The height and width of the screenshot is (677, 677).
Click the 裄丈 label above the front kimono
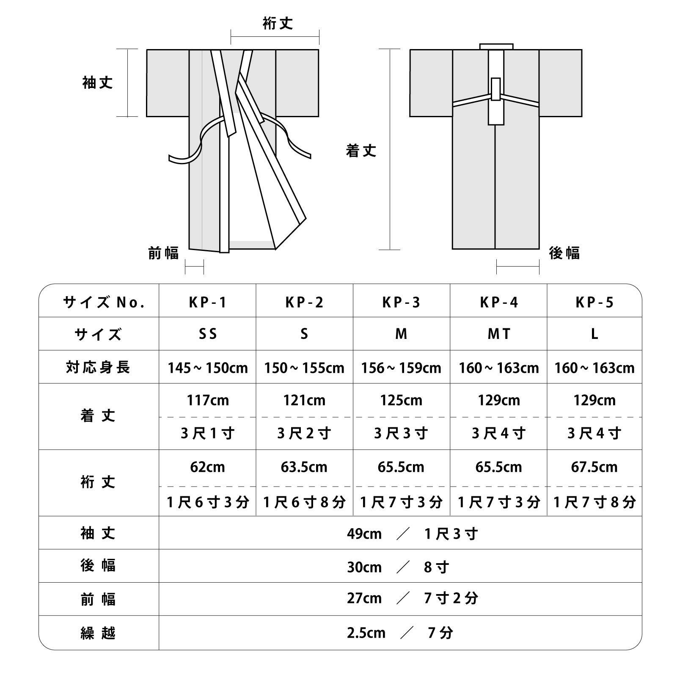click(278, 24)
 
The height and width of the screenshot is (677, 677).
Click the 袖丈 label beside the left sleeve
click(98, 83)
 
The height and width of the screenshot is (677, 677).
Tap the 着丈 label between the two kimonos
click(361, 151)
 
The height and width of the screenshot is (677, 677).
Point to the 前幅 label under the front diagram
click(164, 253)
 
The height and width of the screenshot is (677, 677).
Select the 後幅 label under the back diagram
click(564, 253)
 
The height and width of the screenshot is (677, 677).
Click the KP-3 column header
click(401, 302)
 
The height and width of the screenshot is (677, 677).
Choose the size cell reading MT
click(499, 334)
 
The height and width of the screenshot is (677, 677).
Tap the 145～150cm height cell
click(207, 368)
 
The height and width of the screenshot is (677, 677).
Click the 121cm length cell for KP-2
click(304, 400)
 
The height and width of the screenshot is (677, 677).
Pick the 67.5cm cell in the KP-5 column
click(594, 467)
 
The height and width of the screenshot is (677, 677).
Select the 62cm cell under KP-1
click(207, 467)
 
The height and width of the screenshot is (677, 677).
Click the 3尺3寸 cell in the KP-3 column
click(401, 433)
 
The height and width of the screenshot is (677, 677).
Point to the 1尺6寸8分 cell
click(304, 502)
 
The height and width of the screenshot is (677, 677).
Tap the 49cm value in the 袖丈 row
click(364, 534)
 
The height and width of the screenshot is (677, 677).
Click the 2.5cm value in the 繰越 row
click(366, 633)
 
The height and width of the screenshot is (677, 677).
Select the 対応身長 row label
click(98, 367)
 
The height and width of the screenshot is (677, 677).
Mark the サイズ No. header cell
click(104, 302)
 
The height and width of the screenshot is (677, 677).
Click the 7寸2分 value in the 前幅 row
click(451, 598)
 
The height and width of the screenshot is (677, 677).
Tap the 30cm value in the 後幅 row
click(364, 567)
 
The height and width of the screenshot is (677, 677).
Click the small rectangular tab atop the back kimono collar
click(496, 46)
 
